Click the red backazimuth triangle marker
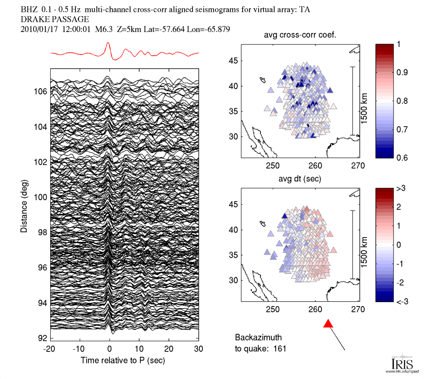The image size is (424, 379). pos(328,324)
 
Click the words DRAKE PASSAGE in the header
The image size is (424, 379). pos(55,19)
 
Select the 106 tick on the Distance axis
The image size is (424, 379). pos(41,92)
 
